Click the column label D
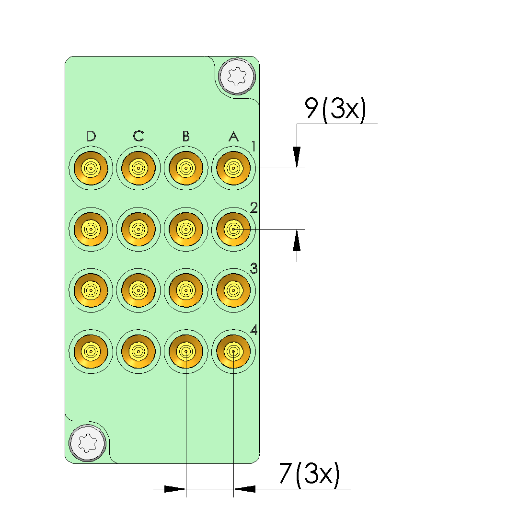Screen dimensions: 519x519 [x=91, y=136]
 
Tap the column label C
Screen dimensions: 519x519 [x=138, y=136]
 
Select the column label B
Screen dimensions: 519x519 [x=186, y=136]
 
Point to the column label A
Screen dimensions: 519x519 [x=234, y=136]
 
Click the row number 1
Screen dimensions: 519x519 [x=254, y=146]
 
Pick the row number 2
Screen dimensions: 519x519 [x=254, y=208]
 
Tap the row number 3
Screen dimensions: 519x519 [x=254, y=268]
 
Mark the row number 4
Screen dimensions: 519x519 [x=254, y=330]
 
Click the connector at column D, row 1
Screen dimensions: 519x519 [x=91, y=168]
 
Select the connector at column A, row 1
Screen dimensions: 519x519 [x=234, y=168]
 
